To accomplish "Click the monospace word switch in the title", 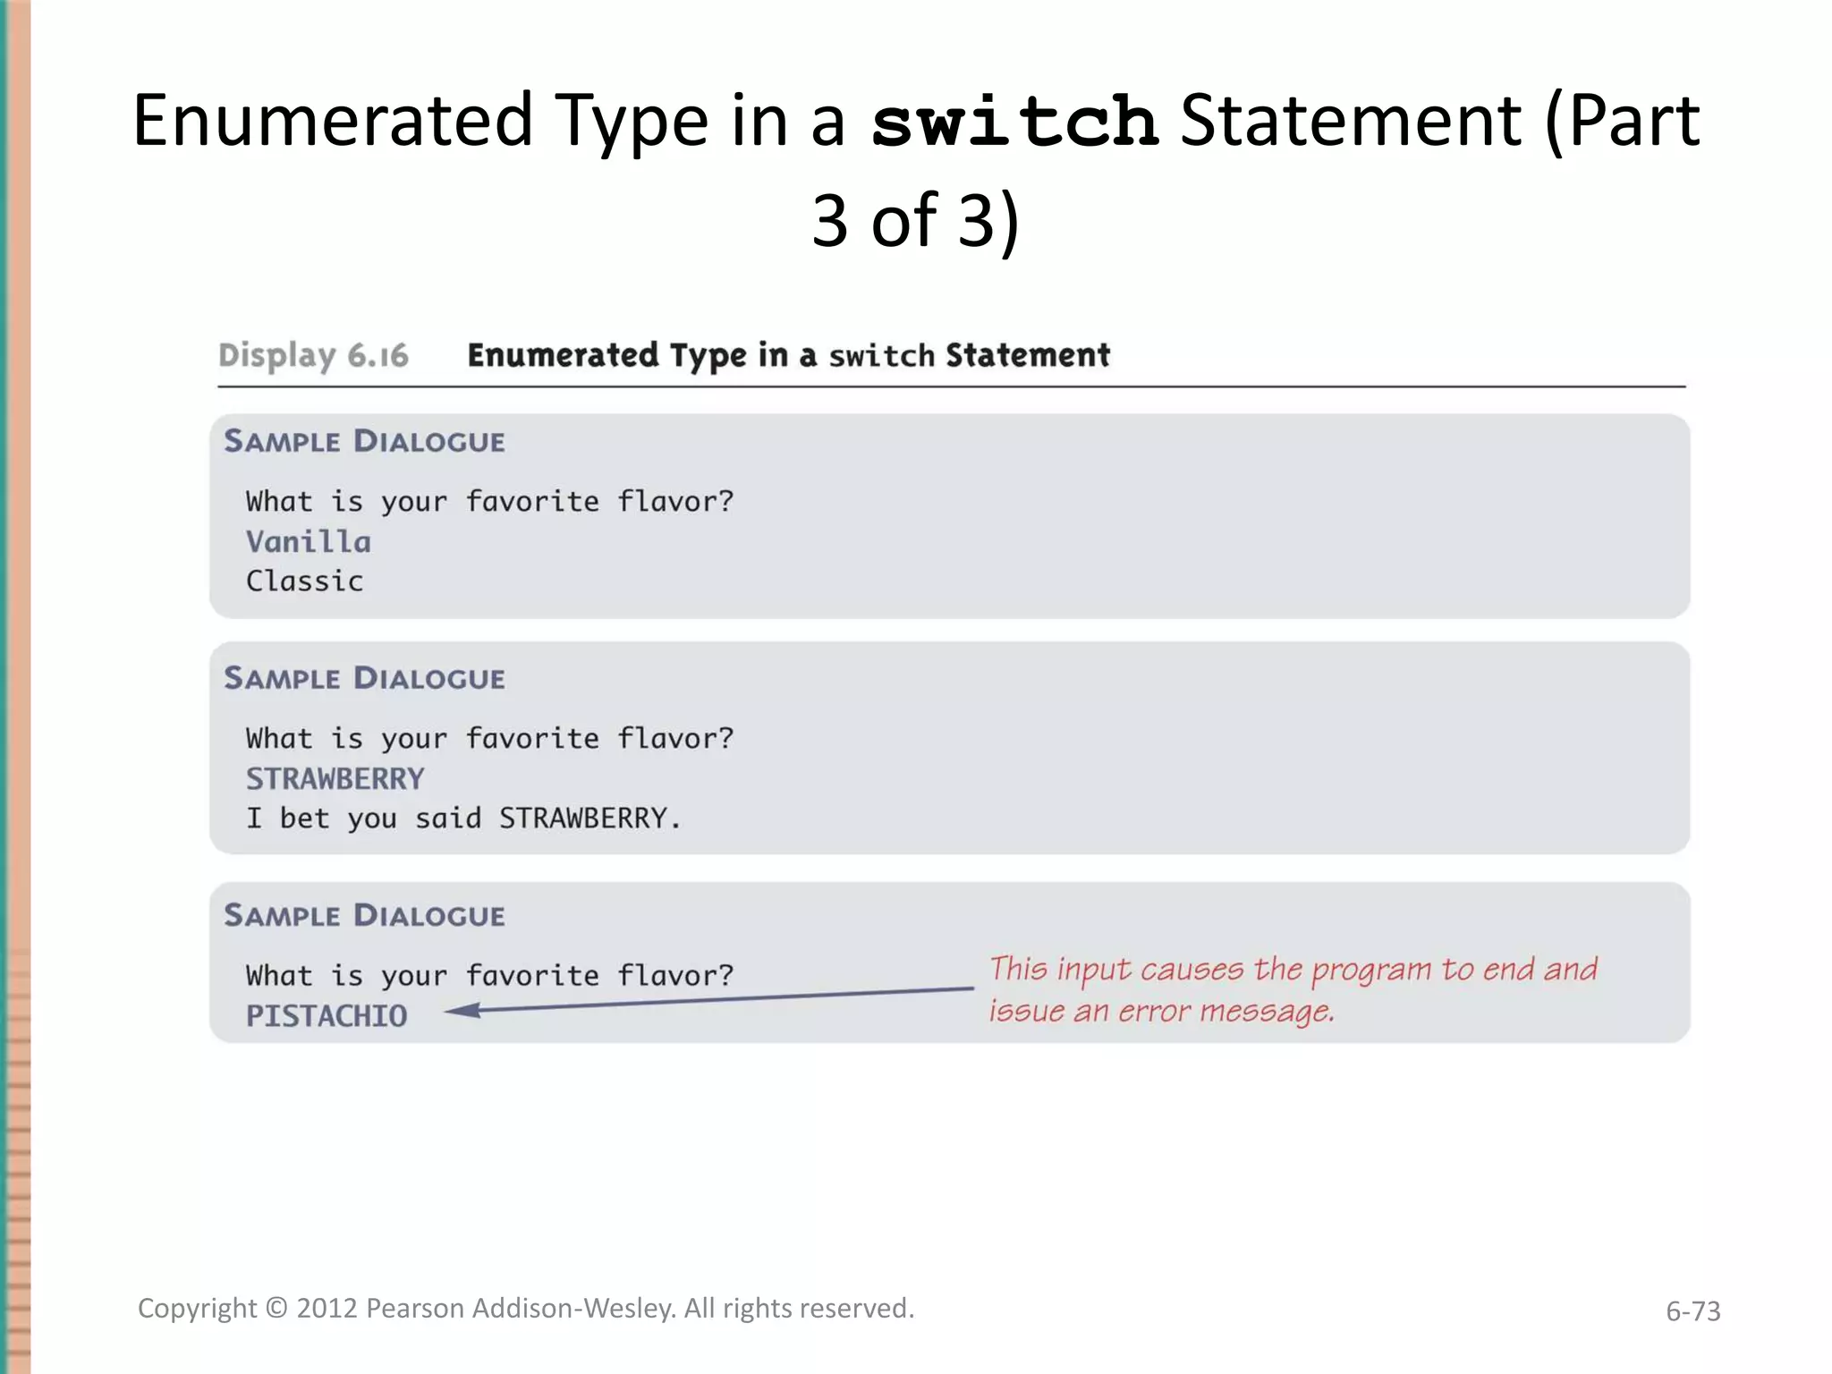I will (1014, 123).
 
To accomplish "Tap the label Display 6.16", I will (313, 356).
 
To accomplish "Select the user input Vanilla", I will (308, 542).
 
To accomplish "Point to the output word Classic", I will (304, 581).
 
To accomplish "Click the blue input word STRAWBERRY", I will (335, 779).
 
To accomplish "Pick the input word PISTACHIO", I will (326, 1016).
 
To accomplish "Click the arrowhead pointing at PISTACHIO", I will (461, 1011).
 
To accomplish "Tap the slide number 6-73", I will (1692, 1311).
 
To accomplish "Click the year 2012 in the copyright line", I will (327, 1309).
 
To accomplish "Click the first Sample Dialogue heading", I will (364, 442).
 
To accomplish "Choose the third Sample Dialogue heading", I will (364, 916).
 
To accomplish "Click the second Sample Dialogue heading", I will (364, 679).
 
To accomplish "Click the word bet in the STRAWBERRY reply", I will (304, 818).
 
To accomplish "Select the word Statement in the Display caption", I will (1027, 356).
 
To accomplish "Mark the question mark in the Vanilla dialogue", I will (725, 502).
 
